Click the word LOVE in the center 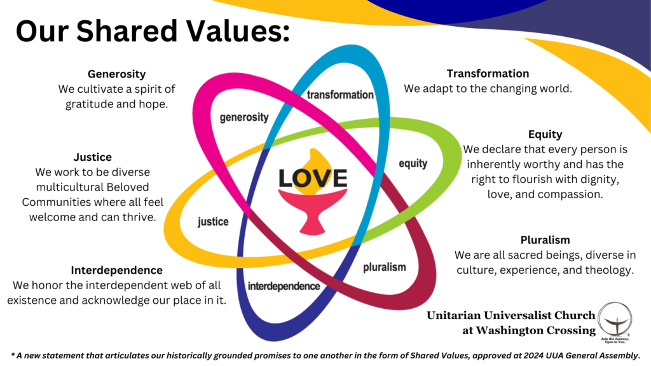click(x=313, y=178)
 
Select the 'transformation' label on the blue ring click(x=340, y=95)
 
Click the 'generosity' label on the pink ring click(x=244, y=118)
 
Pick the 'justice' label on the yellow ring click(x=213, y=222)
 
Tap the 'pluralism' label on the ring click(x=384, y=267)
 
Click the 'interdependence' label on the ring click(x=284, y=286)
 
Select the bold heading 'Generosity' click(x=116, y=74)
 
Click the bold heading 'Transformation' click(x=488, y=74)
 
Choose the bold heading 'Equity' click(x=545, y=134)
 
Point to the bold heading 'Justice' click(x=92, y=157)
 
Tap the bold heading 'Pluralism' click(x=545, y=240)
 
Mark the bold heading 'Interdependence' click(x=116, y=270)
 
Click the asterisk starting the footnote click(x=13, y=353)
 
